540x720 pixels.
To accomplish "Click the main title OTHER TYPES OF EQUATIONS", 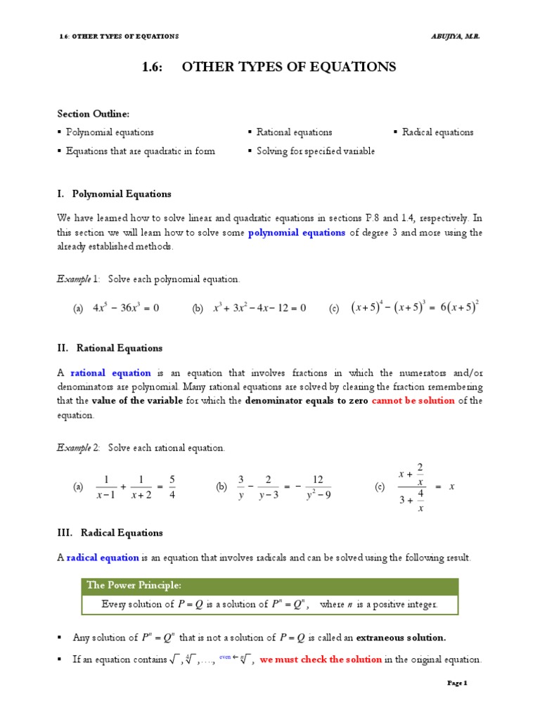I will [289, 67].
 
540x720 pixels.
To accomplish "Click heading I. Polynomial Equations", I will [114, 194].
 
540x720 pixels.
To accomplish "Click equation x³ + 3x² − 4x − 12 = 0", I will [259, 308].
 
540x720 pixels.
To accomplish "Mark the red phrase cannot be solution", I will [413, 401].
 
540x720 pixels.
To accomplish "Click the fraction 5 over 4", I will [172, 487].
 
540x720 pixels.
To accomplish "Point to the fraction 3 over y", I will [241, 487].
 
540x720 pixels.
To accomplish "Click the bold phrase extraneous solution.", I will [401, 638].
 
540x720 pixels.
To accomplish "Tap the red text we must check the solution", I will [321, 660].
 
